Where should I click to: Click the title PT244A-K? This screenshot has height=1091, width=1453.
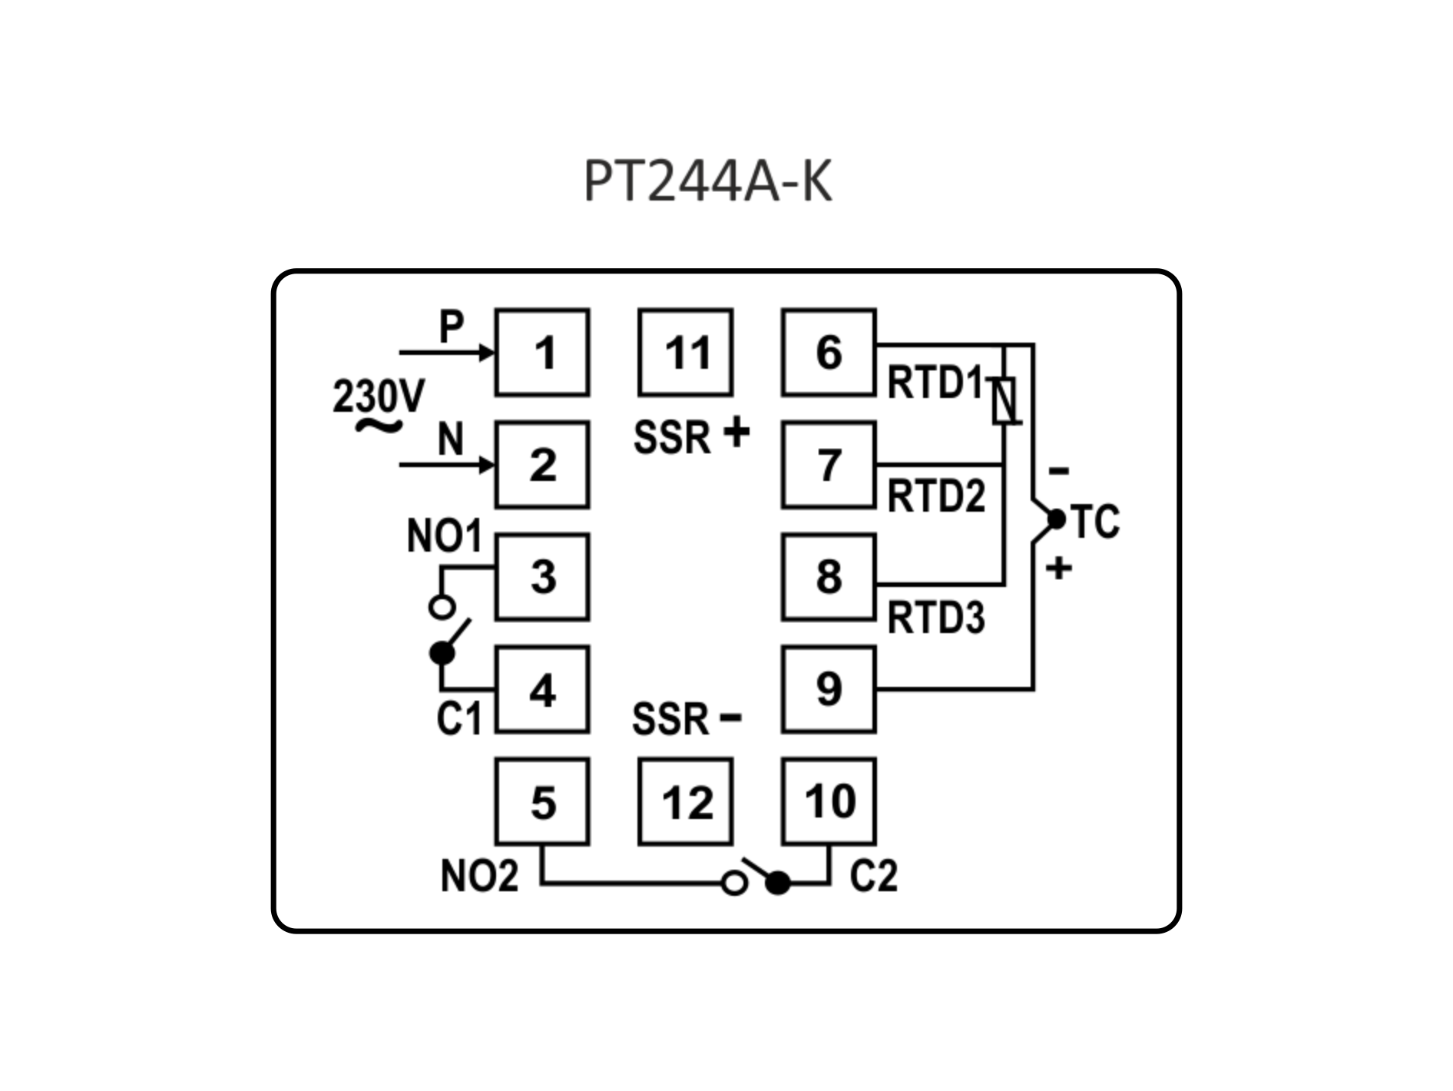point(707,182)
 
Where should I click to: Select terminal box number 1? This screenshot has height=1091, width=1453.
point(542,353)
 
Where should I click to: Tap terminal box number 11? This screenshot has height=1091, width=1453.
point(686,353)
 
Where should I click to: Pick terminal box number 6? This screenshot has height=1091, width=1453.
point(829,353)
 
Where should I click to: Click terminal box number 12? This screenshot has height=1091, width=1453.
point(686,802)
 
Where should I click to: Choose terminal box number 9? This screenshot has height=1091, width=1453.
point(829,689)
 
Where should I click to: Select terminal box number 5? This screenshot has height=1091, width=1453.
point(542,802)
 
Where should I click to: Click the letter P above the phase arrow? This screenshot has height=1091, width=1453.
point(451,327)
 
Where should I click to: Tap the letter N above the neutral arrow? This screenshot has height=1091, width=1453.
point(451,439)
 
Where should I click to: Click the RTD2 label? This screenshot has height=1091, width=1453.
point(936,496)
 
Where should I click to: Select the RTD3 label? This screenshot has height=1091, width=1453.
point(936,617)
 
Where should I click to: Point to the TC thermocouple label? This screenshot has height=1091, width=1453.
point(1096,522)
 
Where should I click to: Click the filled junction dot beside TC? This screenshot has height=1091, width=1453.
point(1057,520)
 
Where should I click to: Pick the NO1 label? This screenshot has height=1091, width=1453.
point(444,536)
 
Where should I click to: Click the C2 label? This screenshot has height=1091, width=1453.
point(874,875)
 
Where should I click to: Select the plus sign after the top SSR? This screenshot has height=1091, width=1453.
point(736,433)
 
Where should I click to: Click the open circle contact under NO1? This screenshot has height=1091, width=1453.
point(442,608)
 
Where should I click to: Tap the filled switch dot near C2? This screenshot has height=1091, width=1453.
point(778,884)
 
